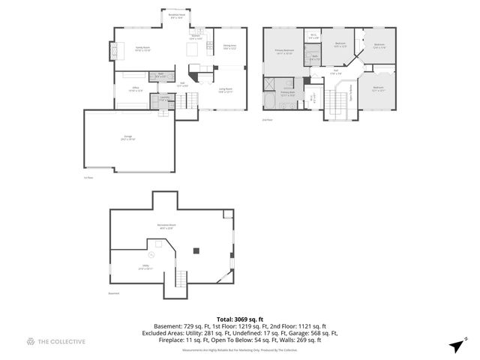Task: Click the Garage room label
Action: (x=128, y=138)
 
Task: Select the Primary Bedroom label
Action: (x=283, y=52)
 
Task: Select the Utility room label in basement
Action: (x=145, y=267)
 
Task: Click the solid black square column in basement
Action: (x=196, y=250)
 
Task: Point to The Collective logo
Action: (x=55, y=341)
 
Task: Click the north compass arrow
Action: (x=455, y=345)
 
